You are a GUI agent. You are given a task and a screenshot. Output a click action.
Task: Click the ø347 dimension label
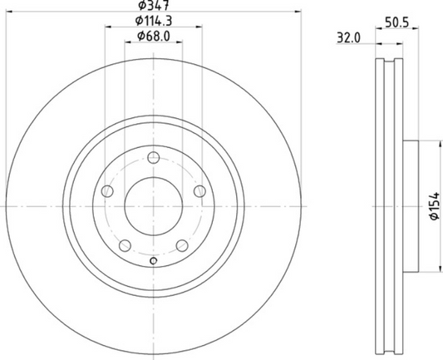tap(153, 5)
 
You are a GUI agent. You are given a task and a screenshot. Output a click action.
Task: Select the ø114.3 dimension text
tap(155, 20)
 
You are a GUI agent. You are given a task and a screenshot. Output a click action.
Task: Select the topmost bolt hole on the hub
tap(153, 160)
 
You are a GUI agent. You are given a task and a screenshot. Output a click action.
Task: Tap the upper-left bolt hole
tap(106, 191)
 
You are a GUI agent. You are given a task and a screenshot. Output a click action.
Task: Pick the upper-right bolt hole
tap(199, 191)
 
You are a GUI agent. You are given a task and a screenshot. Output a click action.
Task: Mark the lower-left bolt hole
tap(125, 245)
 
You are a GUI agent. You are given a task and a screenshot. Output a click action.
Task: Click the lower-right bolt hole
tap(182, 245)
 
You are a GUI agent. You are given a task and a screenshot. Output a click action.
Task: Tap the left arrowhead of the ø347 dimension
tap(9, 12)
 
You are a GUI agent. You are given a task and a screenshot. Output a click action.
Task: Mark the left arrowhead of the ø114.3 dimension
tap(108, 27)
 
